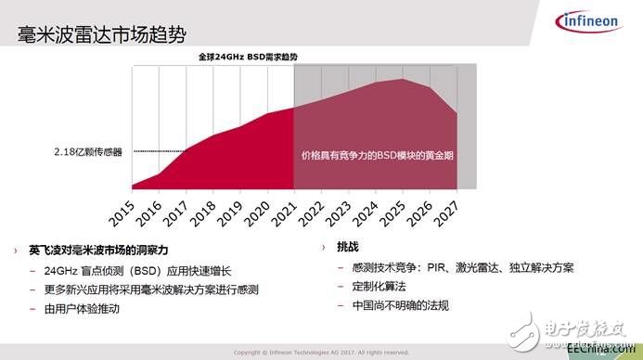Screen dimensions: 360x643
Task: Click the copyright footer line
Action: pyautogui.click(x=321, y=353)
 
